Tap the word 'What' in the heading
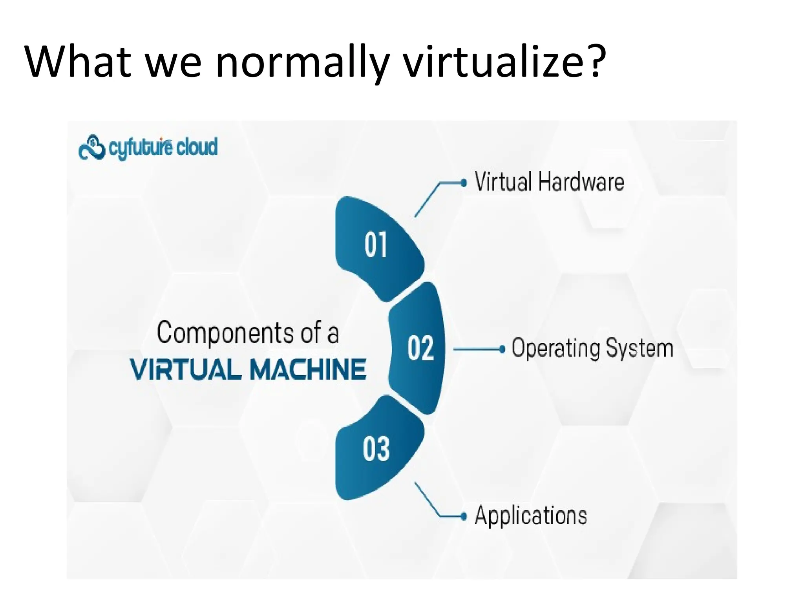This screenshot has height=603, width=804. click(x=77, y=62)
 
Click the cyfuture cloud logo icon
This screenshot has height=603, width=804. click(x=92, y=148)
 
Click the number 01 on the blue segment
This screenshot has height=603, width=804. click(x=376, y=245)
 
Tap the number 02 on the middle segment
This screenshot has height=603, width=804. click(x=420, y=348)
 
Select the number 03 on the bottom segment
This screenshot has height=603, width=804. click(x=376, y=448)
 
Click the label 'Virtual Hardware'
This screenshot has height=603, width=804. click(x=549, y=182)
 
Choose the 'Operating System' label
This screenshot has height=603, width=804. click(x=592, y=349)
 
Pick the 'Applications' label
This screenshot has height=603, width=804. click(x=531, y=515)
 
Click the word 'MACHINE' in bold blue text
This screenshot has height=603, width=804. click(x=308, y=369)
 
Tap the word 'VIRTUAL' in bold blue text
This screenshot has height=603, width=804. click(x=186, y=369)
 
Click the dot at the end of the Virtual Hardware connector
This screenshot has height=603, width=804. click(x=464, y=183)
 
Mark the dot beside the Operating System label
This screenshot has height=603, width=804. click(x=502, y=349)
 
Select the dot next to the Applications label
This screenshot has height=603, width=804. click(x=464, y=516)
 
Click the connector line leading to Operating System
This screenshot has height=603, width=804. click(x=476, y=349)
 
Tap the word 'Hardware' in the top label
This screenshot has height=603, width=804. click(x=581, y=182)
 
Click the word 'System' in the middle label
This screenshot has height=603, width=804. click(x=640, y=349)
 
